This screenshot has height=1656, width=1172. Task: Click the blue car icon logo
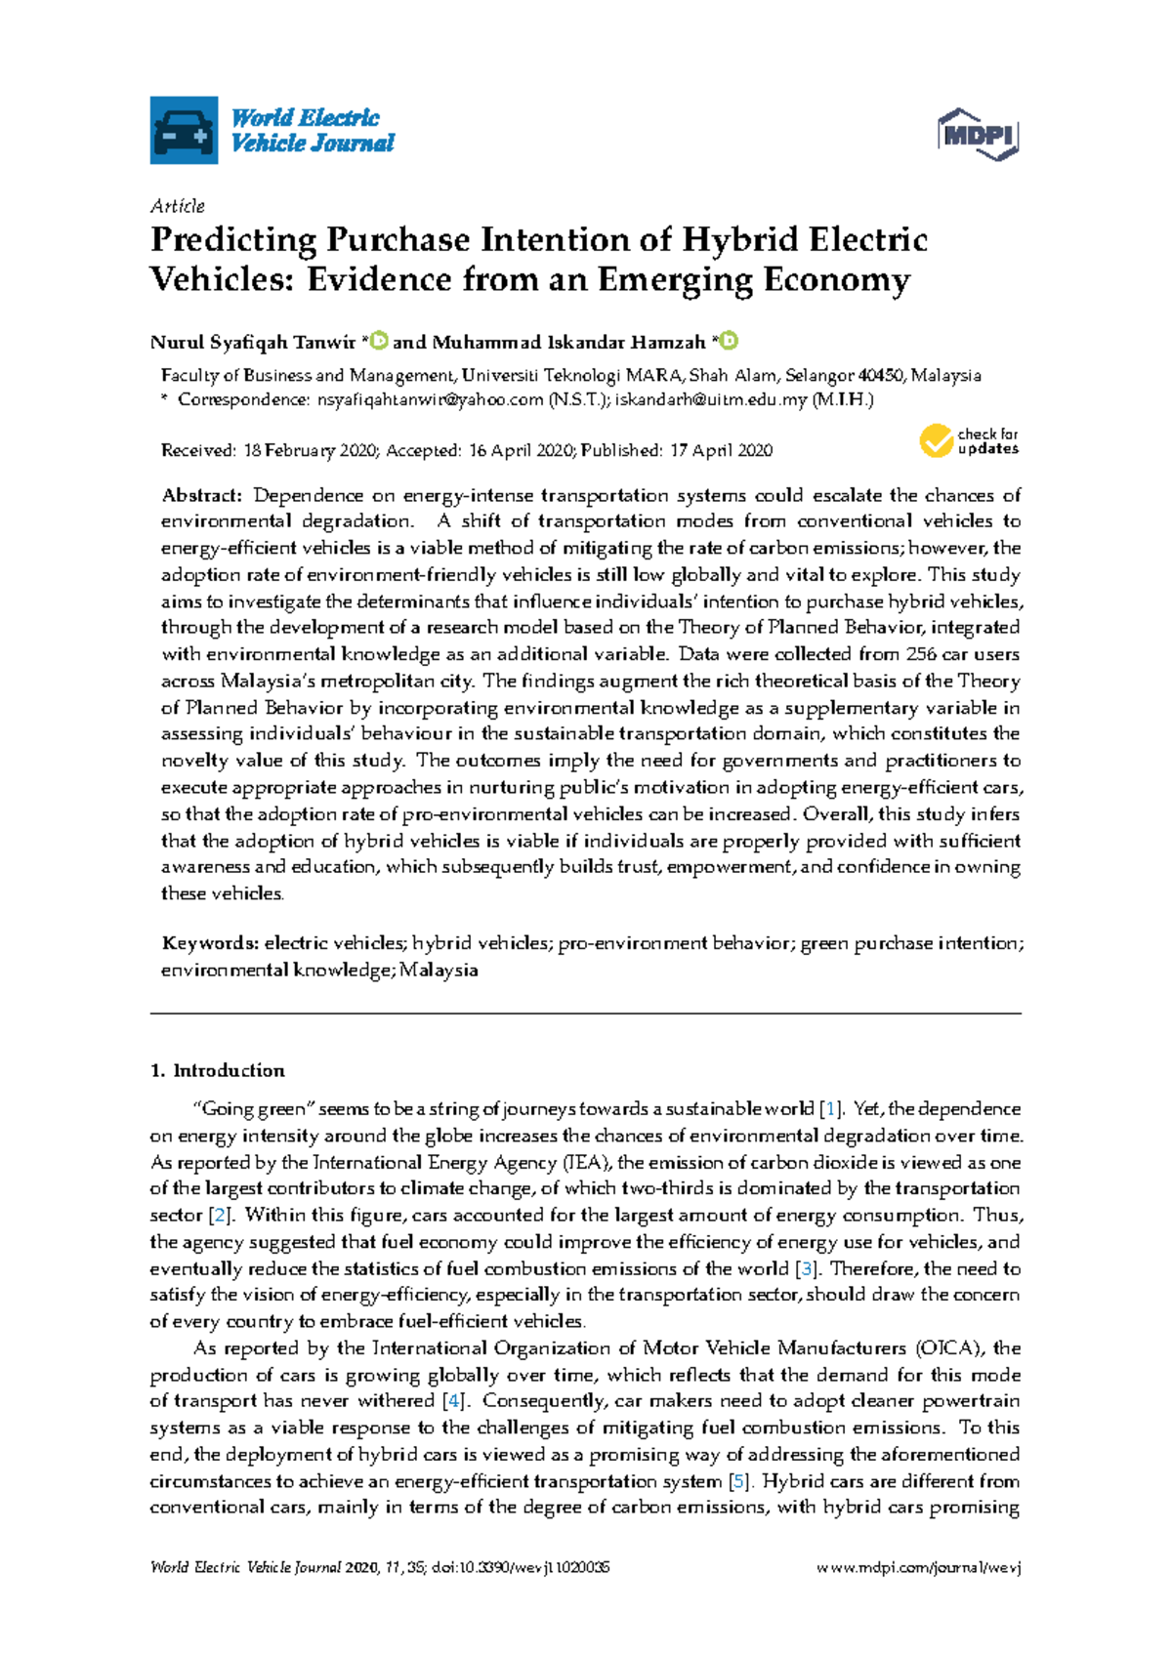(184, 130)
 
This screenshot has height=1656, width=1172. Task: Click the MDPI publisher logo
(978, 135)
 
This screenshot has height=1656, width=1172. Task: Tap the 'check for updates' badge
(969, 441)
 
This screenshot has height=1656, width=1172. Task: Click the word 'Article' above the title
(178, 206)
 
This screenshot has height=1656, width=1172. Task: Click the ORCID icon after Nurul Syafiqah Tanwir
(379, 341)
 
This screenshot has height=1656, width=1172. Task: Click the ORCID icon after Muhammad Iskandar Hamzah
(729, 341)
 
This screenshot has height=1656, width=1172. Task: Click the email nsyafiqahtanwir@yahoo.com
(429, 399)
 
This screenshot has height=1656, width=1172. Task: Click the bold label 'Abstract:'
(201, 495)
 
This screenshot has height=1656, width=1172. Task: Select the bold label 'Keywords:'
(210, 943)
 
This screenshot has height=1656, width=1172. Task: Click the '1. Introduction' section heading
(218, 1071)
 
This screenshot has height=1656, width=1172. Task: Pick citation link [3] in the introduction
(806, 1269)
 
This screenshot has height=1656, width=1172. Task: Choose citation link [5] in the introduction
(740, 1481)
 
